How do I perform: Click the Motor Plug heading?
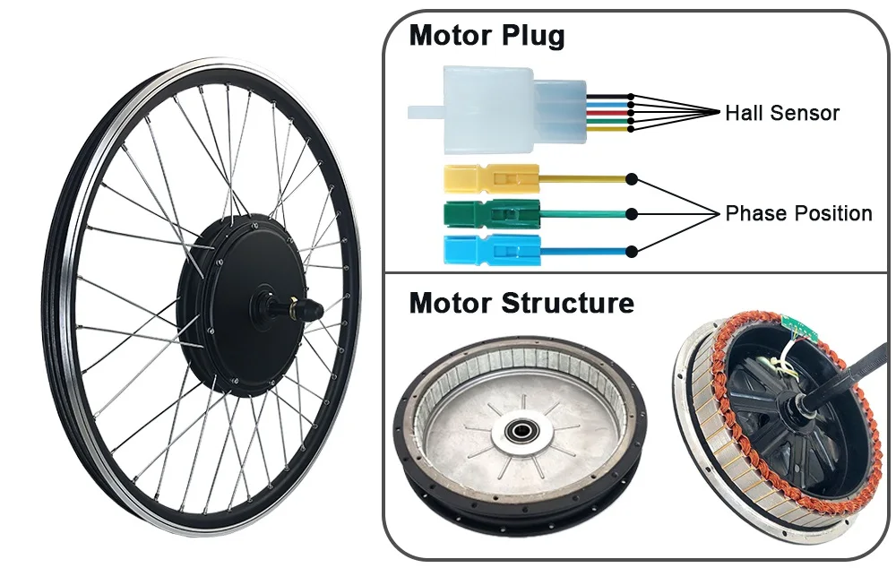(x=487, y=37)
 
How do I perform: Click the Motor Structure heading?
(x=521, y=303)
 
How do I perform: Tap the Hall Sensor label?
(x=781, y=113)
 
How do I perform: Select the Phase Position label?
(x=798, y=213)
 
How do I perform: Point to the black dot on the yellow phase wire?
(x=632, y=179)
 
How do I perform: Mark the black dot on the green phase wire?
(x=632, y=213)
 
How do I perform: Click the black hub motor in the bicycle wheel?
(x=242, y=305)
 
